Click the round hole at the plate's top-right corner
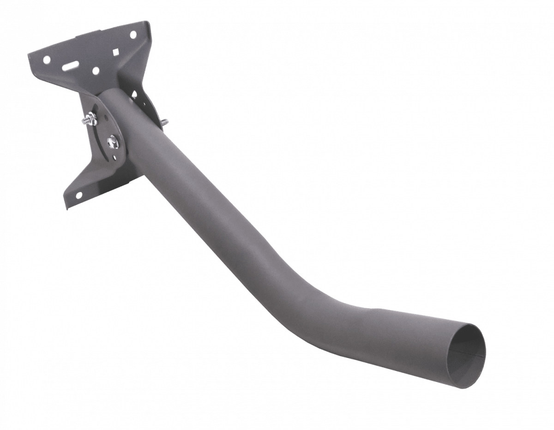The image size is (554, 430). click(133, 35)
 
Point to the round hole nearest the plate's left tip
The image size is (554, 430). click(46, 59)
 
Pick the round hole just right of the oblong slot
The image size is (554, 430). click(95, 71)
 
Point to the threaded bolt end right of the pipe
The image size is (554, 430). click(165, 123)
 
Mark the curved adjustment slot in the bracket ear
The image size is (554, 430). click(102, 138)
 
